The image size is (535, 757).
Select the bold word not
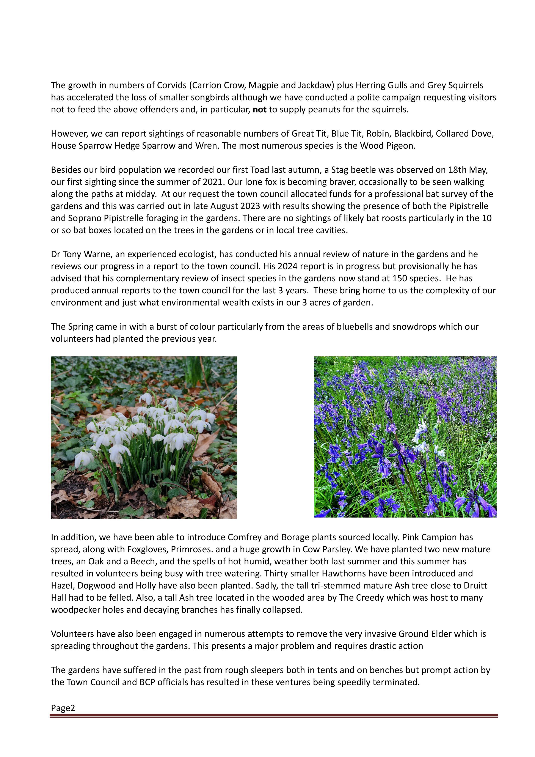coord(259,109)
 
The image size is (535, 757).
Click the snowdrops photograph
coord(144,437)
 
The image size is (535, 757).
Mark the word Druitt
coord(475,585)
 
